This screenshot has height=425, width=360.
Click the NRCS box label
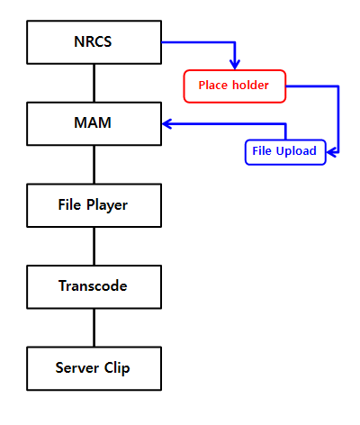tap(93, 41)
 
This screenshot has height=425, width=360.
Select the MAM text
tap(93, 122)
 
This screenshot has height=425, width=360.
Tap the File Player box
tap(94, 205)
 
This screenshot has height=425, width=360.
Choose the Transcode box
tap(94, 287)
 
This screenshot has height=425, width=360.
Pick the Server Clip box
tap(94, 368)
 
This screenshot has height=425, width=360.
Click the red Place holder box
tap(235, 86)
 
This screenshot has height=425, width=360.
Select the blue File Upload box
tap(285, 152)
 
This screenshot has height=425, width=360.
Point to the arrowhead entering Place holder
tap(235, 65)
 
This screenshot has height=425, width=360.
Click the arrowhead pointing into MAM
tap(166, 123)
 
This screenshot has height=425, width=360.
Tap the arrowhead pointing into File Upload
tap(332, 152)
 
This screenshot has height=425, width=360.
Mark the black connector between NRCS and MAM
tap(94, 83)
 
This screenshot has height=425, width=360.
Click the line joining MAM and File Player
tap(94, 165)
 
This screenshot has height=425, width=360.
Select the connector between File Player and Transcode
tap(94, 246)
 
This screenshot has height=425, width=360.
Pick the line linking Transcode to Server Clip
tap(94, 328)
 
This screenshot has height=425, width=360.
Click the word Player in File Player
tap(107, 205)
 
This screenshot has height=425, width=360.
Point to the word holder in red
tap(250, 86)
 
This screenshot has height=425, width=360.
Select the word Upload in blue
tap(296, 151)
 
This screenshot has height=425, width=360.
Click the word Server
tap(77, 368)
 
